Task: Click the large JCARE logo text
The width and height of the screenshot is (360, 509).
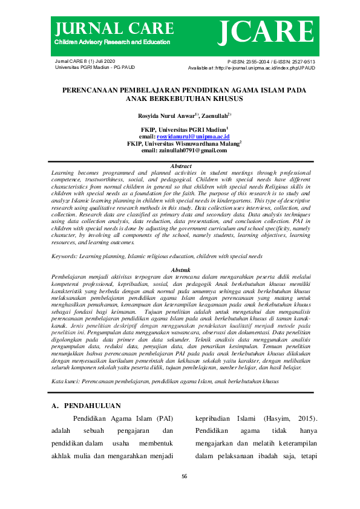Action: [266, 31]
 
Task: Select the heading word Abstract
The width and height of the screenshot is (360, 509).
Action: [181, 166]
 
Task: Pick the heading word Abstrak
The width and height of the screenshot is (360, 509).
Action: [181, 270]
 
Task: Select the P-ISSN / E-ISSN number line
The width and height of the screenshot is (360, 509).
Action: [270, 62]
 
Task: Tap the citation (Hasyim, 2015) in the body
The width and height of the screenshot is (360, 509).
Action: [285, 418]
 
